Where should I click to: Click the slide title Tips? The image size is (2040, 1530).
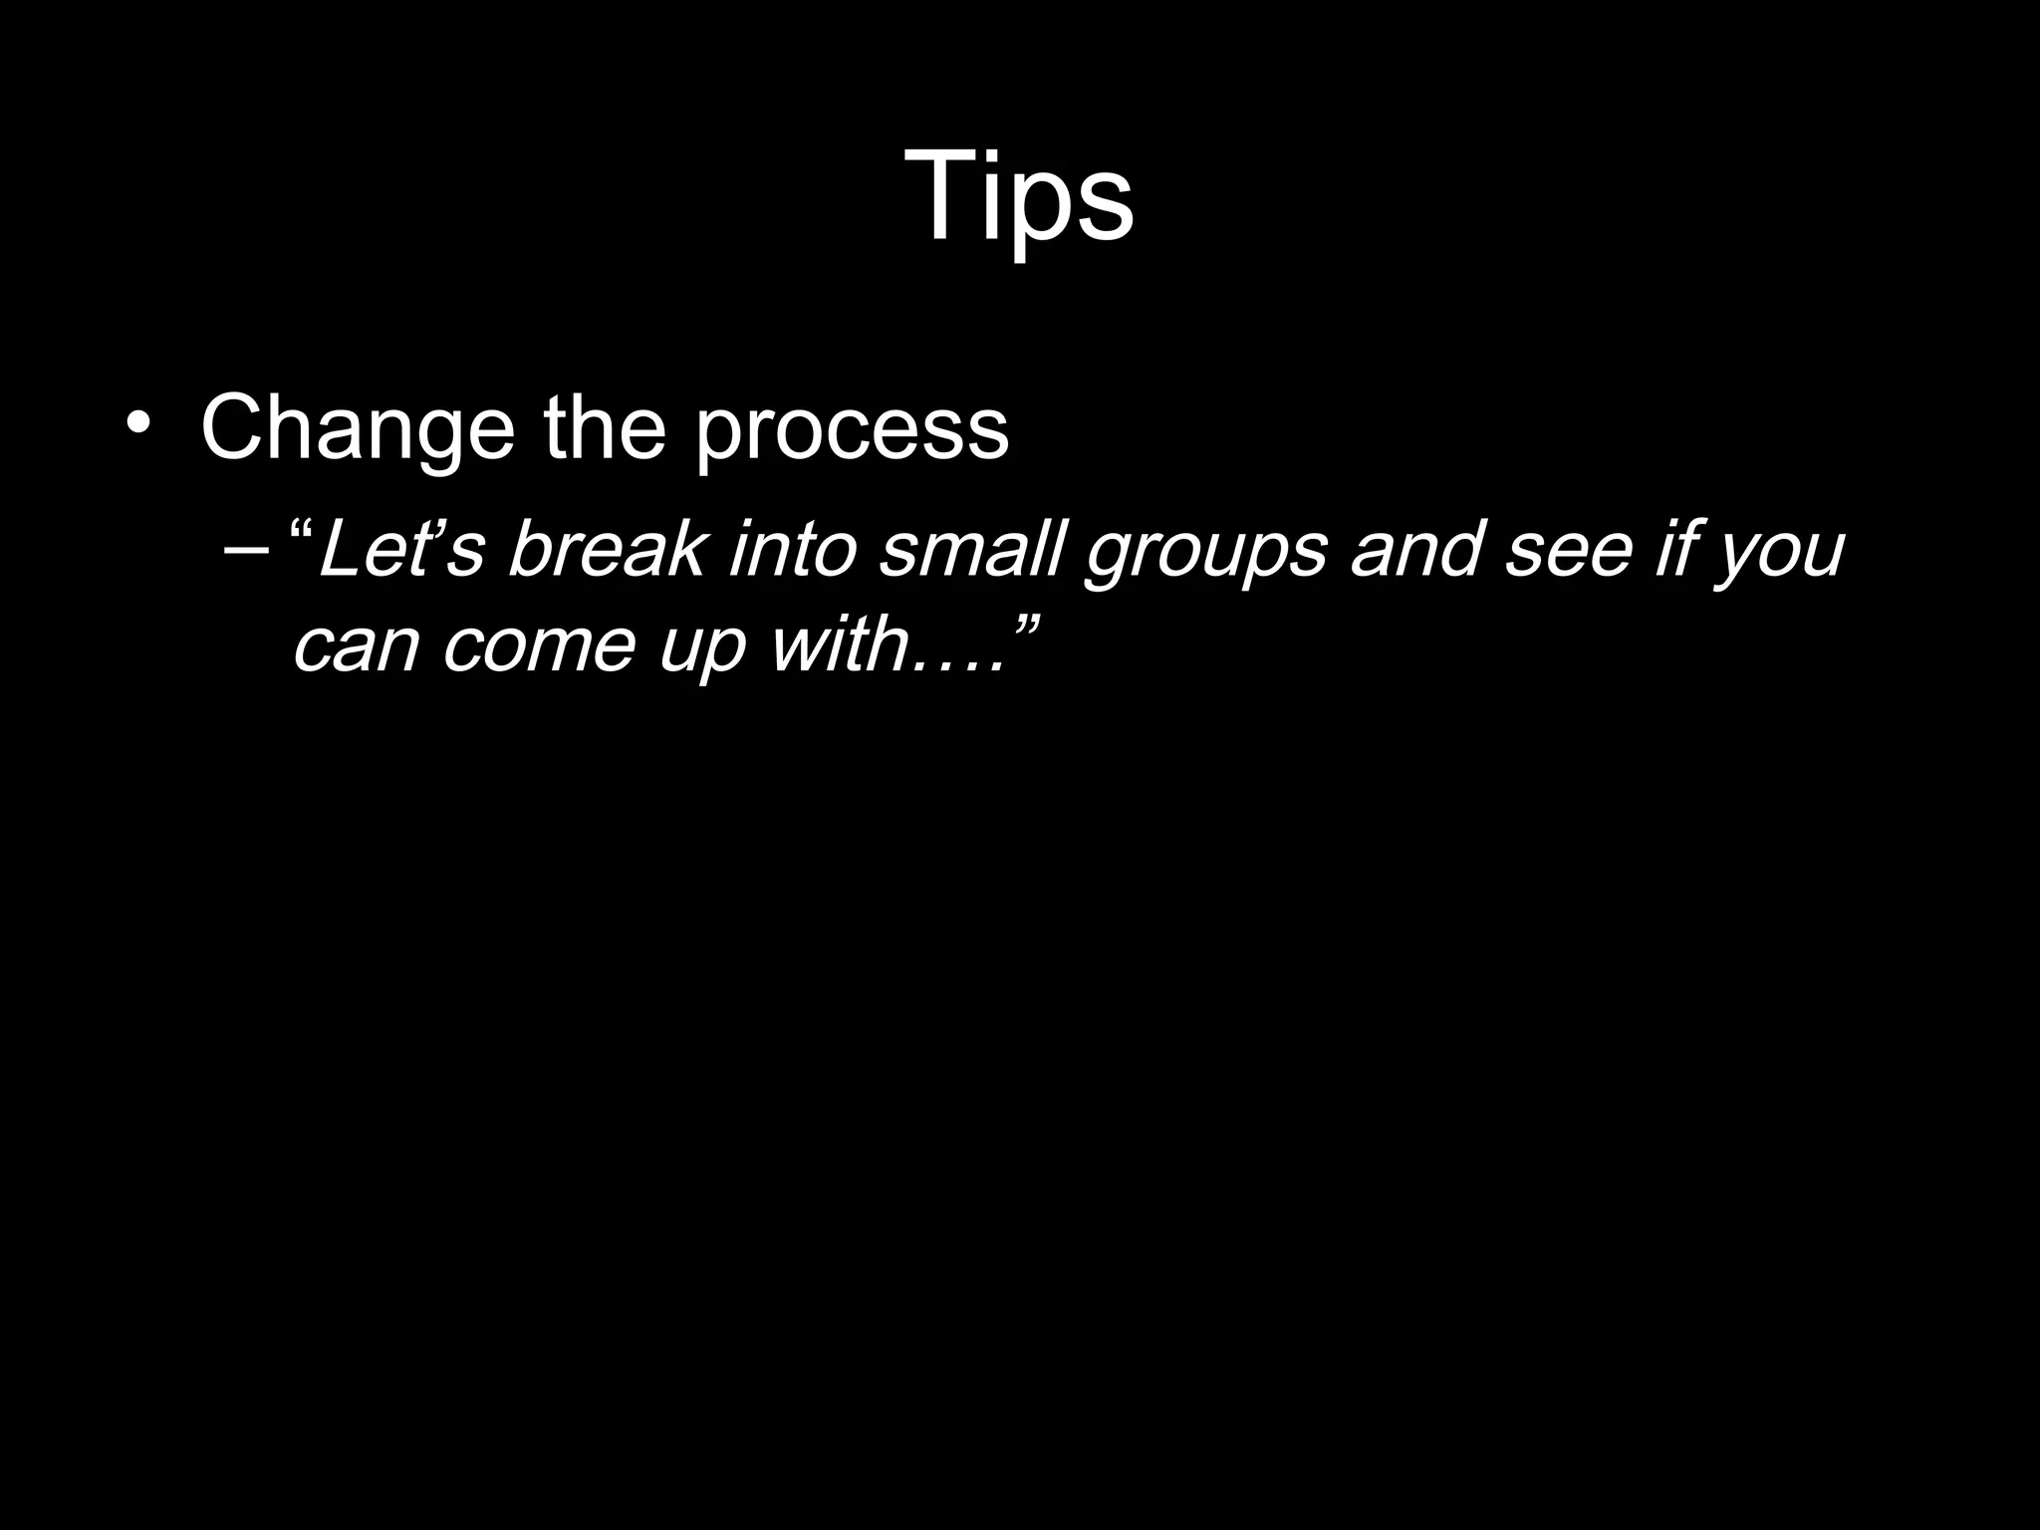(x=1019, y=196)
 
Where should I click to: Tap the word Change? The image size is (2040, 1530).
(x=358, y=428)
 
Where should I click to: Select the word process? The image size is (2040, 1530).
(x=852, y=430)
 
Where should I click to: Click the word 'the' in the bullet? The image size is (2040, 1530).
(x=604, y=428)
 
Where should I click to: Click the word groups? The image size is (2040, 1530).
(x=1206, y=553)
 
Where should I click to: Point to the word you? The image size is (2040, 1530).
(x=1782, y=553)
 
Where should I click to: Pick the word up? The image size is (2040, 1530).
(x=701, y=648)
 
